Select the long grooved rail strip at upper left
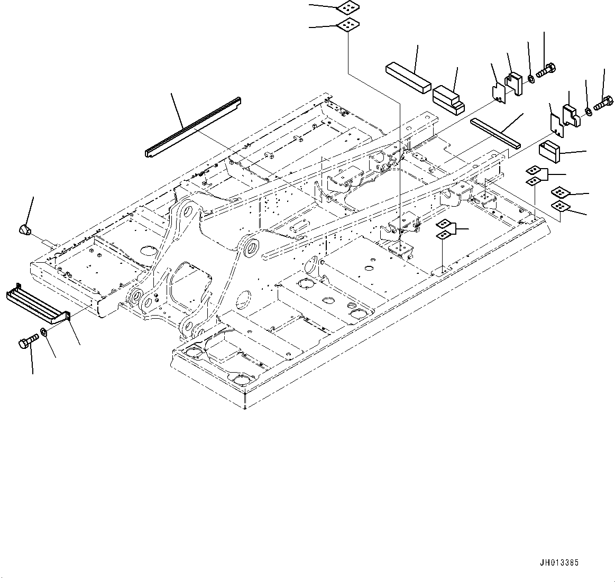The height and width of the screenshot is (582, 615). coord(192,127)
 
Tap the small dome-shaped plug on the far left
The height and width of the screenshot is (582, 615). coord(25,229)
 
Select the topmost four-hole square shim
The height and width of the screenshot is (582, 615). coord(346,8)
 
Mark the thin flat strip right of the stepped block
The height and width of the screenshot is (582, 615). coord(496,133)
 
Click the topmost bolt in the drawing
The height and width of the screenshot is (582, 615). coord(545,70)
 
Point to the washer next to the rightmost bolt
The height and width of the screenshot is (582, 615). coord(588,112)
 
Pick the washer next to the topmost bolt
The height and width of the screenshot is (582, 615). coord(530,79)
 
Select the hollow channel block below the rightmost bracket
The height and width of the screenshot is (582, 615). coord(549,152)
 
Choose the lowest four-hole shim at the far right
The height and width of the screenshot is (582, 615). coord(559,206)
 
